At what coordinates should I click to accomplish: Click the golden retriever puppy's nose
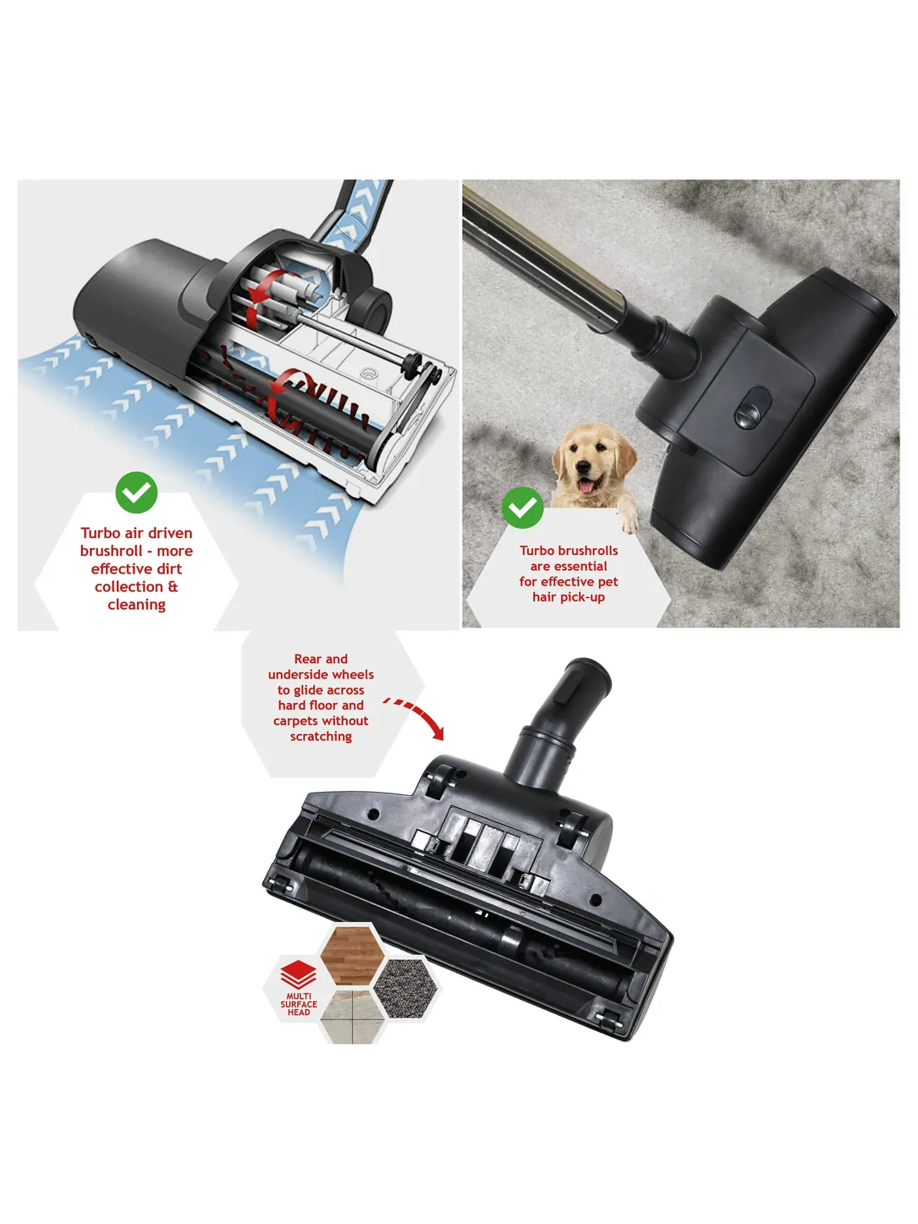click(x=584, y=469)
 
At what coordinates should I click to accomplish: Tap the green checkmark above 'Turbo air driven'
click(x=136, y=492)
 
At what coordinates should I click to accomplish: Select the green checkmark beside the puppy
click(x=523, y=508)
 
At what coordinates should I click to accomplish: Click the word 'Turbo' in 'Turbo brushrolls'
click(x=538, y=551)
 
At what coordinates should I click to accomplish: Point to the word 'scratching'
click(x=321, y=736)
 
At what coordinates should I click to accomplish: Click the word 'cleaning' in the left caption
click(x=136, y=605)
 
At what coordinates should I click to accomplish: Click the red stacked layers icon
click(x=299, y=974)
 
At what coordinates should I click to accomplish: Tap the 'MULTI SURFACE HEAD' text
click(x=299, y=1004)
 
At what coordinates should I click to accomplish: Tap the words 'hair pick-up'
click(x=569, y=597)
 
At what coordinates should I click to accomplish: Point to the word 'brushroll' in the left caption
click(x=110, y=551)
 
